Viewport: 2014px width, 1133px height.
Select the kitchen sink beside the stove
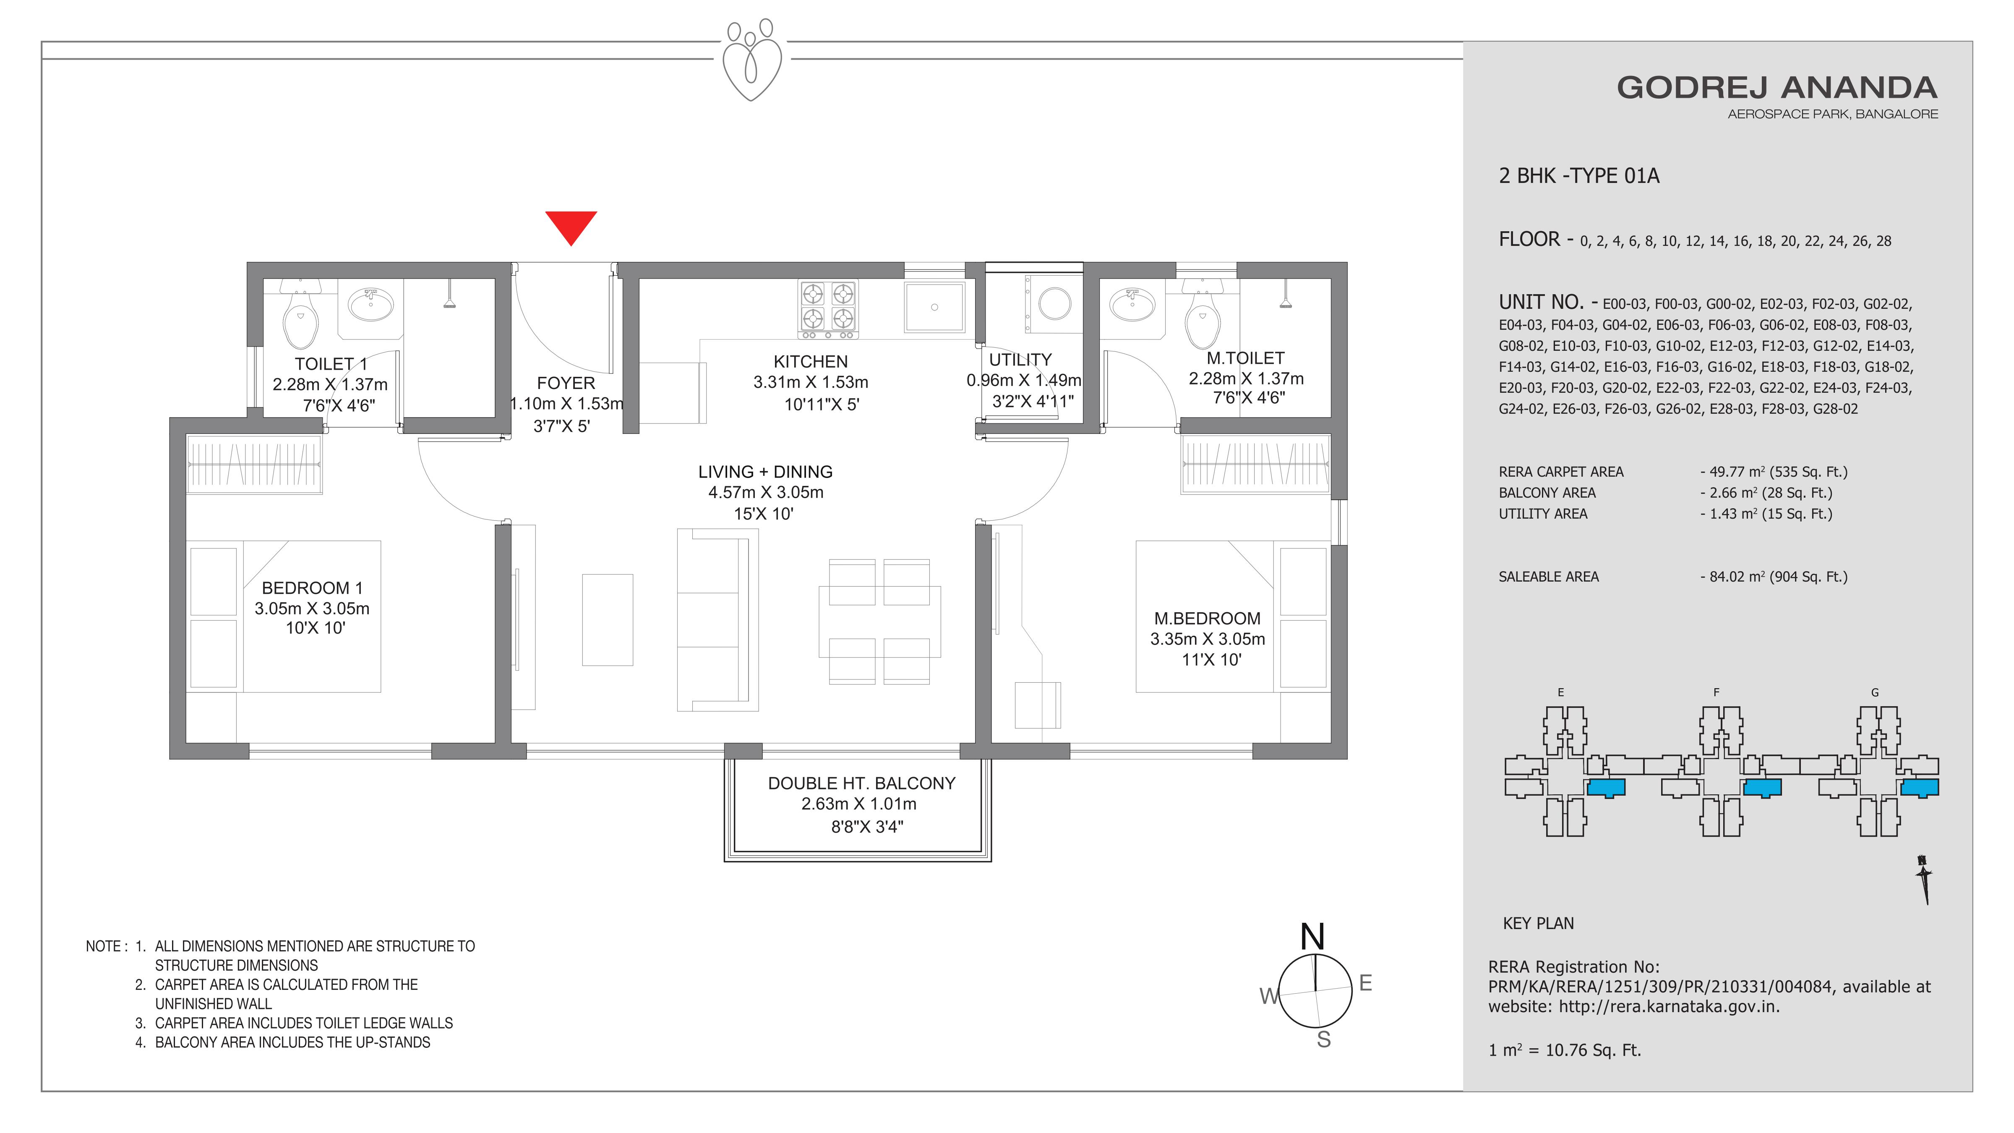pos(934,307)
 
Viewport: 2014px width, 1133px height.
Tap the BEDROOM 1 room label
pos(312,588)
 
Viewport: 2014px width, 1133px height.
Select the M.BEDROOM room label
pos(1207,619)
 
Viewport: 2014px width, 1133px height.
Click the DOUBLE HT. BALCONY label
pos(861,783)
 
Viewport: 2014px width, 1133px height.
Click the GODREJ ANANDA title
pos(1777,88)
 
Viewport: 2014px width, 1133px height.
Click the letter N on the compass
pos(1313,937)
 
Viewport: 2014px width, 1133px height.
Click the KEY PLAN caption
pos(1538,924)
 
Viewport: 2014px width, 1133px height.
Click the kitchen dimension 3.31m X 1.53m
pos(811,382)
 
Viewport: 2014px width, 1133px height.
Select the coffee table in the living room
pos(608,620)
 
